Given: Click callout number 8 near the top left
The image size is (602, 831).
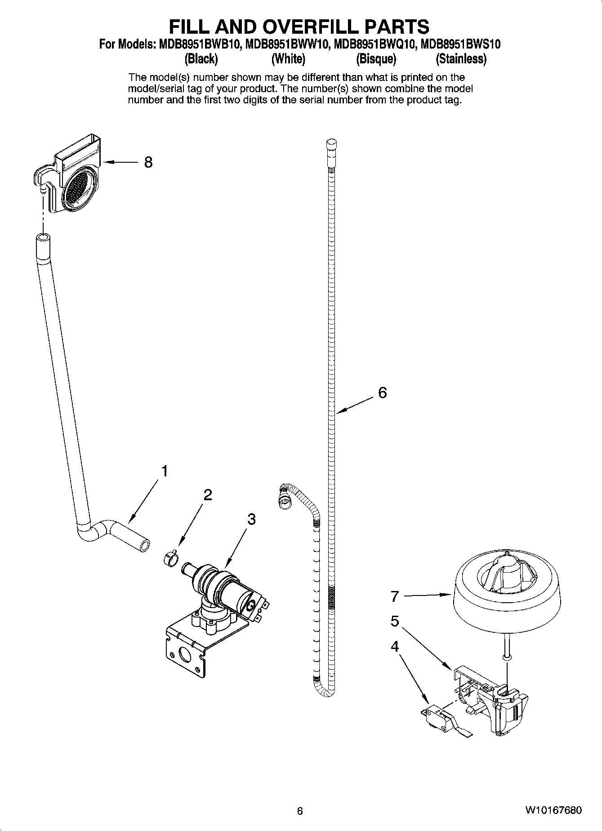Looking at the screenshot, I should coord(148,162).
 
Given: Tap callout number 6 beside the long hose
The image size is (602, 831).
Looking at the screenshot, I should coord(382,393).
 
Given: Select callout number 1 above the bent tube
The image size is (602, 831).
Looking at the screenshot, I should coord(165,471).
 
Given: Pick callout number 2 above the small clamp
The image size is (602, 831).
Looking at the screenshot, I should coord(208,495).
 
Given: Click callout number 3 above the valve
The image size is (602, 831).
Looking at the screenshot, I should coord(251,519).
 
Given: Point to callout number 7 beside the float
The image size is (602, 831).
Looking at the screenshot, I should coord(395,596).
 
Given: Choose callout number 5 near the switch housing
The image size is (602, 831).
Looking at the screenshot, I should coord(395,622).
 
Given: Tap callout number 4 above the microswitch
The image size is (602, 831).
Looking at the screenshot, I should coord(395,647).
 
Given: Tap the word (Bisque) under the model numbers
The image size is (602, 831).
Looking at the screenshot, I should coord(376,59).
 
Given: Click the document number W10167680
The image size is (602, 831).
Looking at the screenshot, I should coord(553,811).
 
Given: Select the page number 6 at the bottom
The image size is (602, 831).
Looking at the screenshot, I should coord(300,811).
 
